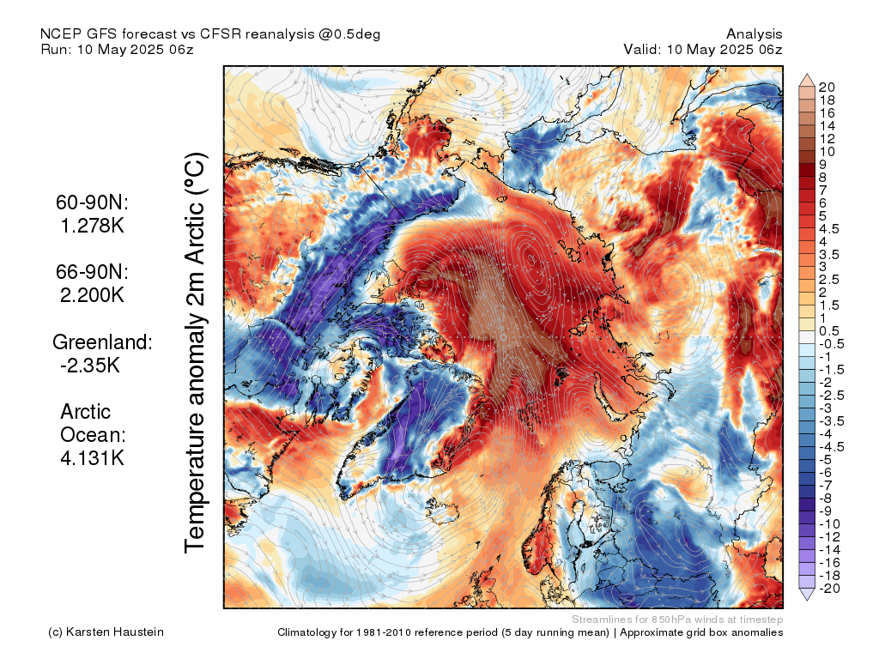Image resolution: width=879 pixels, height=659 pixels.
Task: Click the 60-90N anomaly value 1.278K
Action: [x=89, y=227]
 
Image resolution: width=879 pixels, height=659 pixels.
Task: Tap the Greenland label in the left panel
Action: [x=102, y=342]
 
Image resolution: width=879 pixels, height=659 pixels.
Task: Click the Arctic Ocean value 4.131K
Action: [x=92, y=457]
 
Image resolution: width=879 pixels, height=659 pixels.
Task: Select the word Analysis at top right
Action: [x=754, y=33]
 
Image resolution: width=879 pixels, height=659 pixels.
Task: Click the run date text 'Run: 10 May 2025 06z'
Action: [x=117, y=49]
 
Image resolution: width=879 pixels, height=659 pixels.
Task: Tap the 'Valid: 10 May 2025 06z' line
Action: [x=703, y=49]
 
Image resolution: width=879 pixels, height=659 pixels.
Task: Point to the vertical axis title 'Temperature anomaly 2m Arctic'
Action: [x=197, y=352]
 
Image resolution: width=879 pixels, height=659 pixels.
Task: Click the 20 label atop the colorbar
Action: [x=827, y=87]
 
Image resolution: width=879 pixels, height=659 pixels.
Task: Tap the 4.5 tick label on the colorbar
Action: [x=829, y=228]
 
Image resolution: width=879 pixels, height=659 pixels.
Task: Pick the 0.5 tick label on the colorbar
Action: [x=829, y=331]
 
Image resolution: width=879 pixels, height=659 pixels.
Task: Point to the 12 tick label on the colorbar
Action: [x=827, y=138]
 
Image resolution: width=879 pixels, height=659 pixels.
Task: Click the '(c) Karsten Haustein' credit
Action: [x=106, y=632]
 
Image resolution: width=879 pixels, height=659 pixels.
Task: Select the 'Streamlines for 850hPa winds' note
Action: [x=677, y=619]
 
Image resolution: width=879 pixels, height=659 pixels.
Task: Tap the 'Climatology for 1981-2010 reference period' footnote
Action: [x=446, y=632]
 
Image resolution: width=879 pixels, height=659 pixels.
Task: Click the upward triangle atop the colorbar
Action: [x=806, y=80]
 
